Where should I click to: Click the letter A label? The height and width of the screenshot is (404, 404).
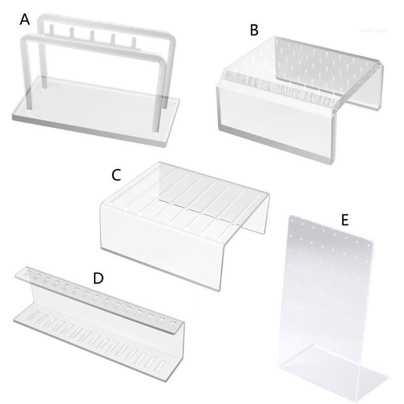coord(25,20)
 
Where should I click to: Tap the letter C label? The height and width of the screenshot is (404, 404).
coord(116,175)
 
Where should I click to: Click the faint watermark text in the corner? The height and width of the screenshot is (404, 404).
coord(375,30)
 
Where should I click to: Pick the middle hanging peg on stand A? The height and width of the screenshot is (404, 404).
coord(92,35)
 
